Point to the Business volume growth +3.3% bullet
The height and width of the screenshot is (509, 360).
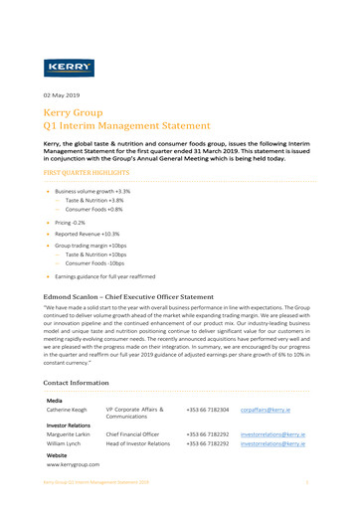coord(92,190)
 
